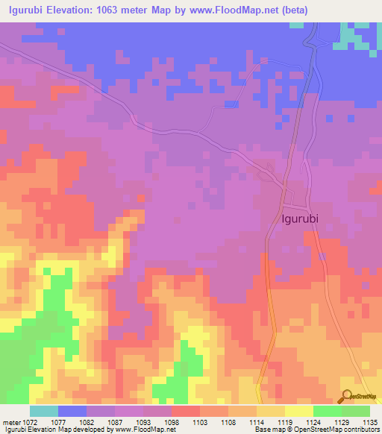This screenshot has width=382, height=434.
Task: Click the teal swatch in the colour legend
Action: click(x=44, y=411)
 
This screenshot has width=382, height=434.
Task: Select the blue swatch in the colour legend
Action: click(x=72, y=411)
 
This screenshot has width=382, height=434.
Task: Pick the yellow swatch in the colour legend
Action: click(x=298, y=411)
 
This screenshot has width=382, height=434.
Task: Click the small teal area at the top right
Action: click(x=356, y=36)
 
